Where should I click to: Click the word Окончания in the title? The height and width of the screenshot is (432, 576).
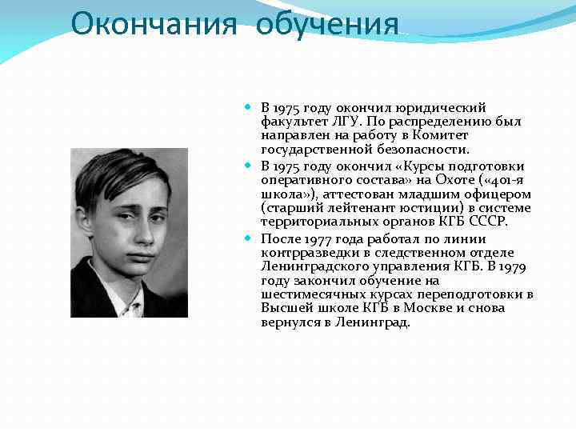click(x=153, y=24)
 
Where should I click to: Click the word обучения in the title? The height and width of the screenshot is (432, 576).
click(x=327, y=24)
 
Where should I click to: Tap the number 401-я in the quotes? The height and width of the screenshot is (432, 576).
click(x=503, y=181)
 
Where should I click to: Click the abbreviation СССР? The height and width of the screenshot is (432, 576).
click(x=490, y=222)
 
